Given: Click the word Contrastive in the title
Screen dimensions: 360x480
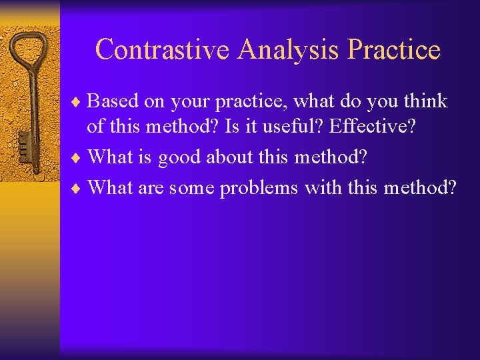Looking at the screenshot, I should [163, 50].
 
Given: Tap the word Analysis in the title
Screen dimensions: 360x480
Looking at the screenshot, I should [289, 50].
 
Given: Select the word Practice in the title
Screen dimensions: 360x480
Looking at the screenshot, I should [394, 50].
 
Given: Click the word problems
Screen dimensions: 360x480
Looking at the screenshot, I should [259, 189].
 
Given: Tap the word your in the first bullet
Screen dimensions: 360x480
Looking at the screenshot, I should [188, 103].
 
